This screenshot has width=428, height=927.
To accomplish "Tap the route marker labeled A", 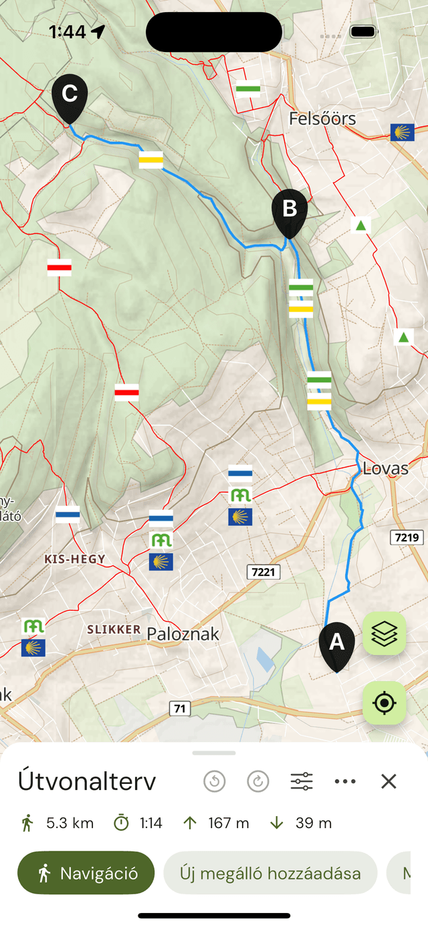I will coord(336,644).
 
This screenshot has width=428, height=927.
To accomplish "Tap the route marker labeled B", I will coord(290,210).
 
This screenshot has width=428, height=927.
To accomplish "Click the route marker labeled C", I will coord(70,95).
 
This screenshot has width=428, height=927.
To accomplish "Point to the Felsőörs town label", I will coord(322,119).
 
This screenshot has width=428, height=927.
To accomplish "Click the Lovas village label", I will coord(385,469).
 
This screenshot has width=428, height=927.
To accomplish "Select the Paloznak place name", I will coord(183,634).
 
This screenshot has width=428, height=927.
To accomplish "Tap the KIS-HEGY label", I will coord(74,559).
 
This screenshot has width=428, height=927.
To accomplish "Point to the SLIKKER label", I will coord(114,629).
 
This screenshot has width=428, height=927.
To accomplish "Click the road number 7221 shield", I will coord(263,572).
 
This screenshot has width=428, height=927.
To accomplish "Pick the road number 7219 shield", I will coord(406,537).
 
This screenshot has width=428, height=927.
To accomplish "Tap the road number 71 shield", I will coord(179,708).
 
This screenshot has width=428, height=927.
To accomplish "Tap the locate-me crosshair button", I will coord(385,703).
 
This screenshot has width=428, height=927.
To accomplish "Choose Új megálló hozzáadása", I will coord(270,873).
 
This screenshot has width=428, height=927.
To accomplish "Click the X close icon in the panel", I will coord(389,781).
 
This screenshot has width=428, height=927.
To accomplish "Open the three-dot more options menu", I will coord(345,781).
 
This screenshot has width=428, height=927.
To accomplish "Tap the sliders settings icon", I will coord(302,781).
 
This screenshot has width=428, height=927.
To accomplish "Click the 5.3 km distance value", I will coord(70,823).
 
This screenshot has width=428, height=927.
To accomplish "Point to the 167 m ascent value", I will coord(228,823).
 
